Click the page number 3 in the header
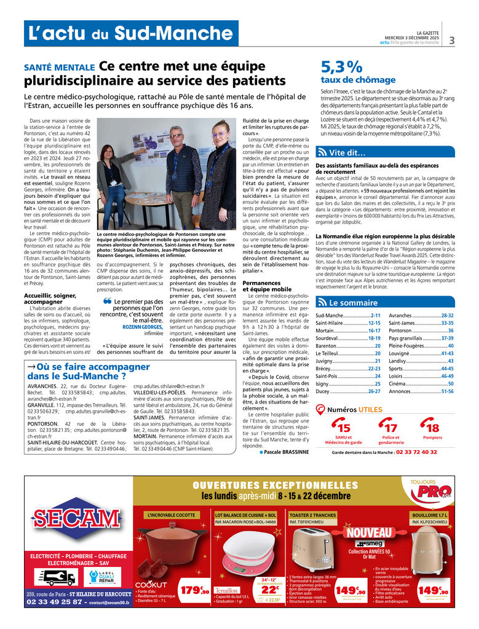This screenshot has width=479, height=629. [452, 41]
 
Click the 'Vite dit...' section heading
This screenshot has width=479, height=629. [347, 153]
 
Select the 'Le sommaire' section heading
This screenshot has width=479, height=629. [353, 303]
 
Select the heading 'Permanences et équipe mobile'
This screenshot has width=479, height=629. [267, 286]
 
